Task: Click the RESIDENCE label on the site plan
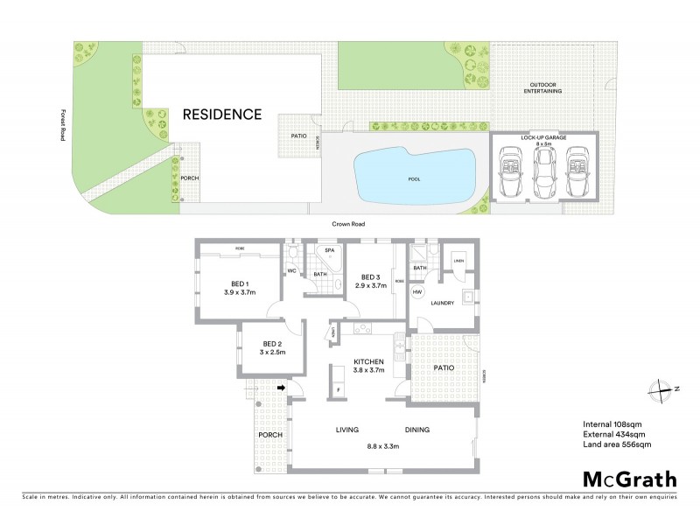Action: point(221,115)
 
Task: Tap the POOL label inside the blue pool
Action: point(414,178)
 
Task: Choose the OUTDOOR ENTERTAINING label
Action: point(543,88)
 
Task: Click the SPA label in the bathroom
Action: point(330,251)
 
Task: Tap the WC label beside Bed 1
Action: point(292,270)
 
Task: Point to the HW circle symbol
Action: point(418,291)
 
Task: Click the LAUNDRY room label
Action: point(444,304)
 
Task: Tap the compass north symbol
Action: point(662,389)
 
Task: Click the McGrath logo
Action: point(629,479)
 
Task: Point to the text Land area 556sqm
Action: point(617,444)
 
